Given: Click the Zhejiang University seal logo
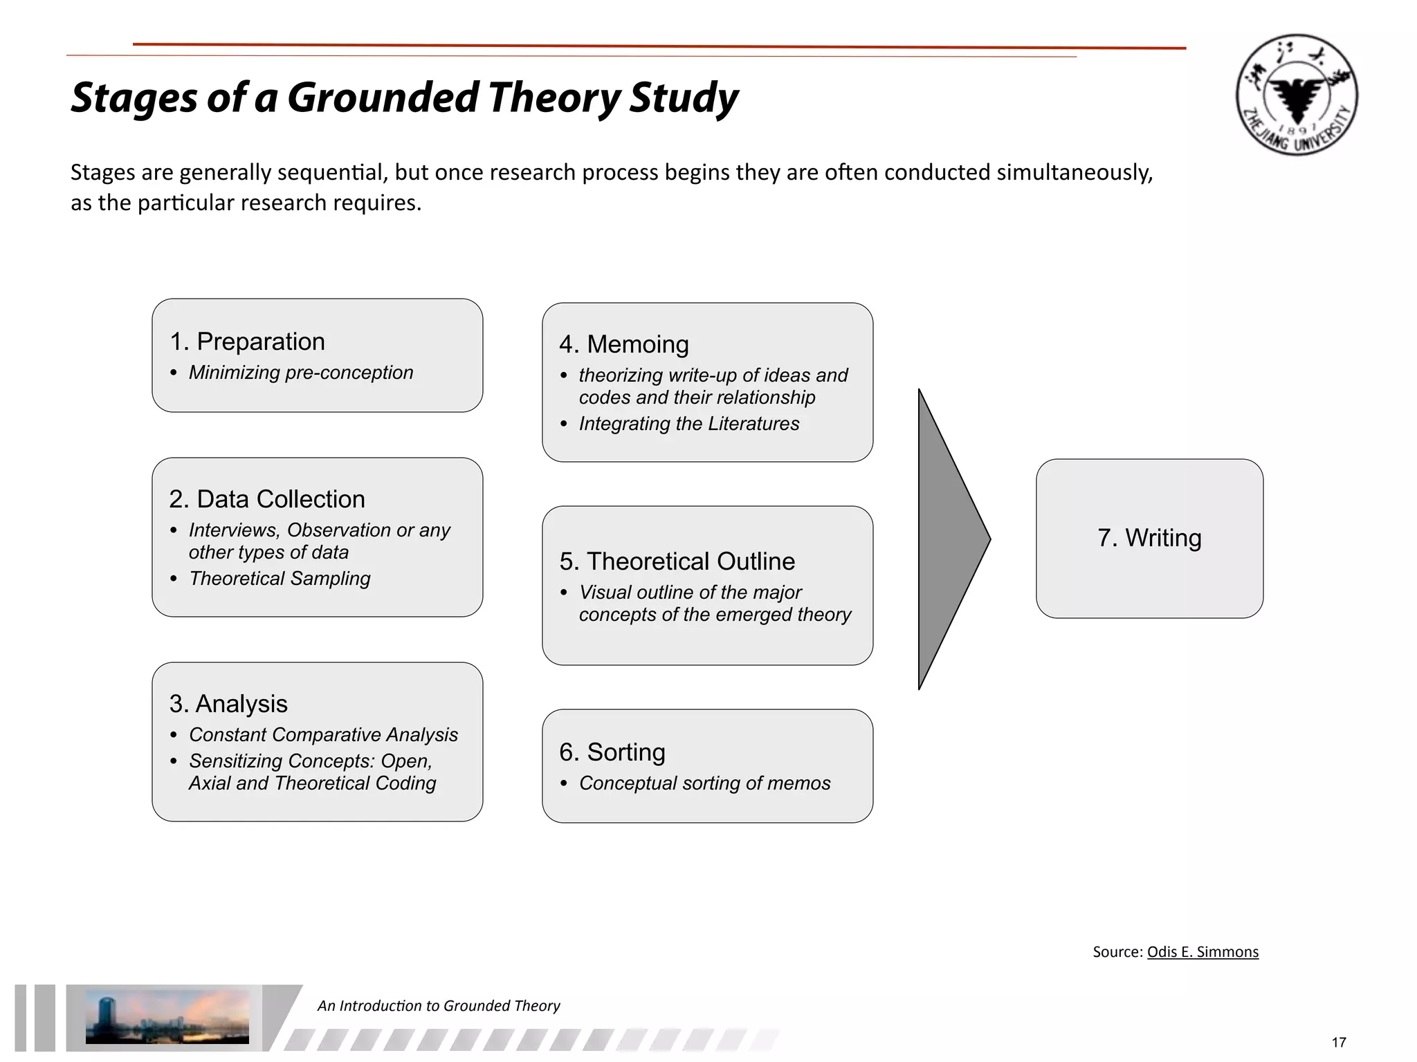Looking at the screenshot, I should click(x=1296, y=95).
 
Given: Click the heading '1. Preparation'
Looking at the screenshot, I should click(x=247, y=342).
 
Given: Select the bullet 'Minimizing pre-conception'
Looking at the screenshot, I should click(x=300, y=373).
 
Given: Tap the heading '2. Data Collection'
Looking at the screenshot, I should click(x=267, y=499).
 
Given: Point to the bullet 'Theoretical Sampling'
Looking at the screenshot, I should click(x=280, y=579).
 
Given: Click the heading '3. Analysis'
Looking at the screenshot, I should click(x=228, y=704).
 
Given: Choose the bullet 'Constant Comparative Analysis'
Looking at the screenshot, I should click(x=323, y=735).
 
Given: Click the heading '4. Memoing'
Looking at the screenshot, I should click(x=624, y=344).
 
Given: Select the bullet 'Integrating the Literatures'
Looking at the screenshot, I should click(x=689, y=424).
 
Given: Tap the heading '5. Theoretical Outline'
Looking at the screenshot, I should click(x=677, y=561).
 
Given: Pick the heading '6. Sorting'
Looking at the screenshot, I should click(x=612, y=752).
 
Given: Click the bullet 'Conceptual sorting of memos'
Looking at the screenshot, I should click(x=704, y=783).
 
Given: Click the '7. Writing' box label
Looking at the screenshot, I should click(x=1149, y=538).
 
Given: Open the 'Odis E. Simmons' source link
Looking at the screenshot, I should click(x=1203, y=952).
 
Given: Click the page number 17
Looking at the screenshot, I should click(x=1339, y=1043).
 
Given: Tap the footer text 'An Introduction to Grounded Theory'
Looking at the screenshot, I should click(x=439, y=1006).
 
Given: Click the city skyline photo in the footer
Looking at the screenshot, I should click(x=167, y=1016).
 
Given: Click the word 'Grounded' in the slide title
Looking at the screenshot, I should click(x=383, y=97).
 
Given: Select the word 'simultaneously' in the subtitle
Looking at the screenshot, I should click(x=1074, y=172).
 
